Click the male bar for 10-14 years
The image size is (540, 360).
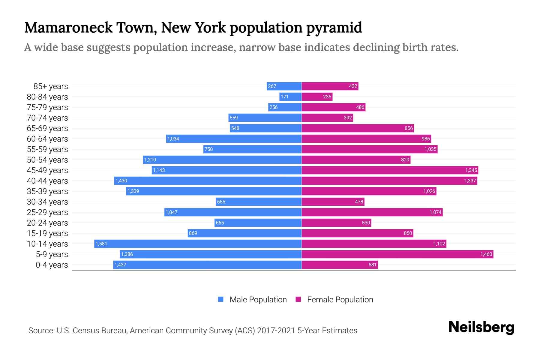point(198,244)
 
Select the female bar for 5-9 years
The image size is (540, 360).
point(397,254)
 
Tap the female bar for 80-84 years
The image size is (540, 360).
point(317,97)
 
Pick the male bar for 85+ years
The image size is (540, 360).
point(284,86)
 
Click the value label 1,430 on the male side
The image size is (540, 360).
point(121,181)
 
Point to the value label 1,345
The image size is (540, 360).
point(471,170)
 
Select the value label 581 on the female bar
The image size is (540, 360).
point(372,265)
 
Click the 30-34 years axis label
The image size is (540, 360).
point(47,202)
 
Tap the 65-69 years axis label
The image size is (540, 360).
point(47,128)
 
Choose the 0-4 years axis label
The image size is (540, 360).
point(52,265)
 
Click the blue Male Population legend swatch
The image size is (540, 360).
point(221,299)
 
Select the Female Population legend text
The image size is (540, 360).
point(340,299)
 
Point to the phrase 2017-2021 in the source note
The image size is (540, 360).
point(276,330)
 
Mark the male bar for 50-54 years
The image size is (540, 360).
point(222,160)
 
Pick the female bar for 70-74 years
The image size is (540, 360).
point(327,118)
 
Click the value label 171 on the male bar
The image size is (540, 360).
point(284,97)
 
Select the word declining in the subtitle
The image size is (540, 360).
point(376,47)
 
